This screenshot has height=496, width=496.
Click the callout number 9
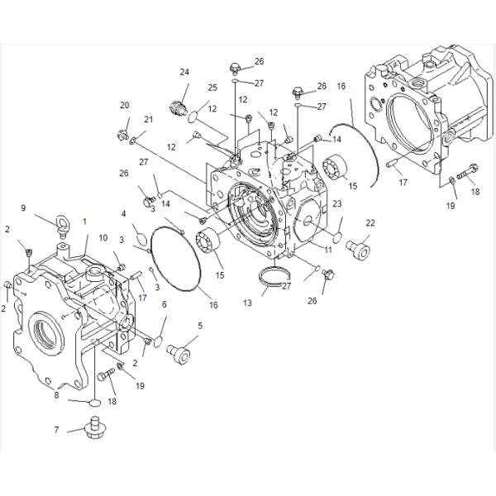coord(23,207)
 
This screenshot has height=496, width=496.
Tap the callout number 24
coord(184,72)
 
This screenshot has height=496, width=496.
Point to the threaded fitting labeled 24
coord(175,106)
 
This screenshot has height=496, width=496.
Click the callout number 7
coord(56,430)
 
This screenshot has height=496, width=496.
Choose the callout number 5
coord(199,325)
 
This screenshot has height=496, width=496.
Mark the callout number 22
coord(370,222)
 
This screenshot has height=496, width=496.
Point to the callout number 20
coord(124,105)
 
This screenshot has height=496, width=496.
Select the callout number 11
coord(327,248)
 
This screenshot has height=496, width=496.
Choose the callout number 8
coord(57,395)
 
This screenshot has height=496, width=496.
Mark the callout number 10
coord(103,238)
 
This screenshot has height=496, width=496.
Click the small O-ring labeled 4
coord(141,239)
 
